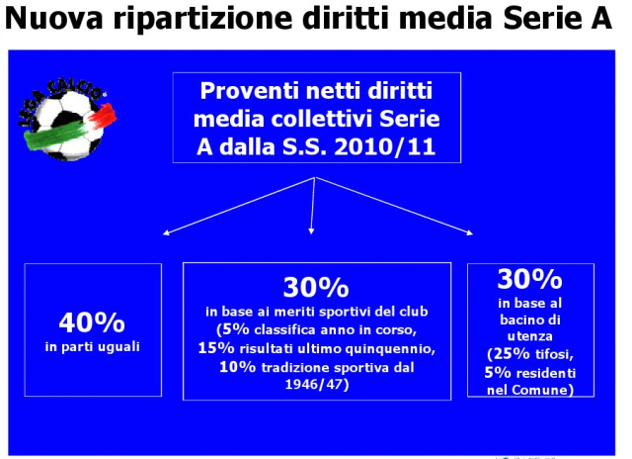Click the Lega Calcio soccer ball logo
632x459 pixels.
[67, 119]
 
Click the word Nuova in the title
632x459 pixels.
[54, 18]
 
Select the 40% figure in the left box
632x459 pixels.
[92, 322]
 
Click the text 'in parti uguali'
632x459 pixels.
[92, 347]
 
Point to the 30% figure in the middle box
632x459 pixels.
[316, 287]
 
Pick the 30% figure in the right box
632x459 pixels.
[529, 279]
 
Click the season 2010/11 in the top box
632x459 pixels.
[384, 146]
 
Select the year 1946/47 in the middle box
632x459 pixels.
[317, 384]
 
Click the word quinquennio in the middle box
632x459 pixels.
[390, 349]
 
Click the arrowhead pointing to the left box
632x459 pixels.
[166, 232]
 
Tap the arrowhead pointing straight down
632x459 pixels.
[311, 230]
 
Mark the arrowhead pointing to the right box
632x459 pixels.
[469, 232]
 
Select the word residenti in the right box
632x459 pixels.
[543, 373]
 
